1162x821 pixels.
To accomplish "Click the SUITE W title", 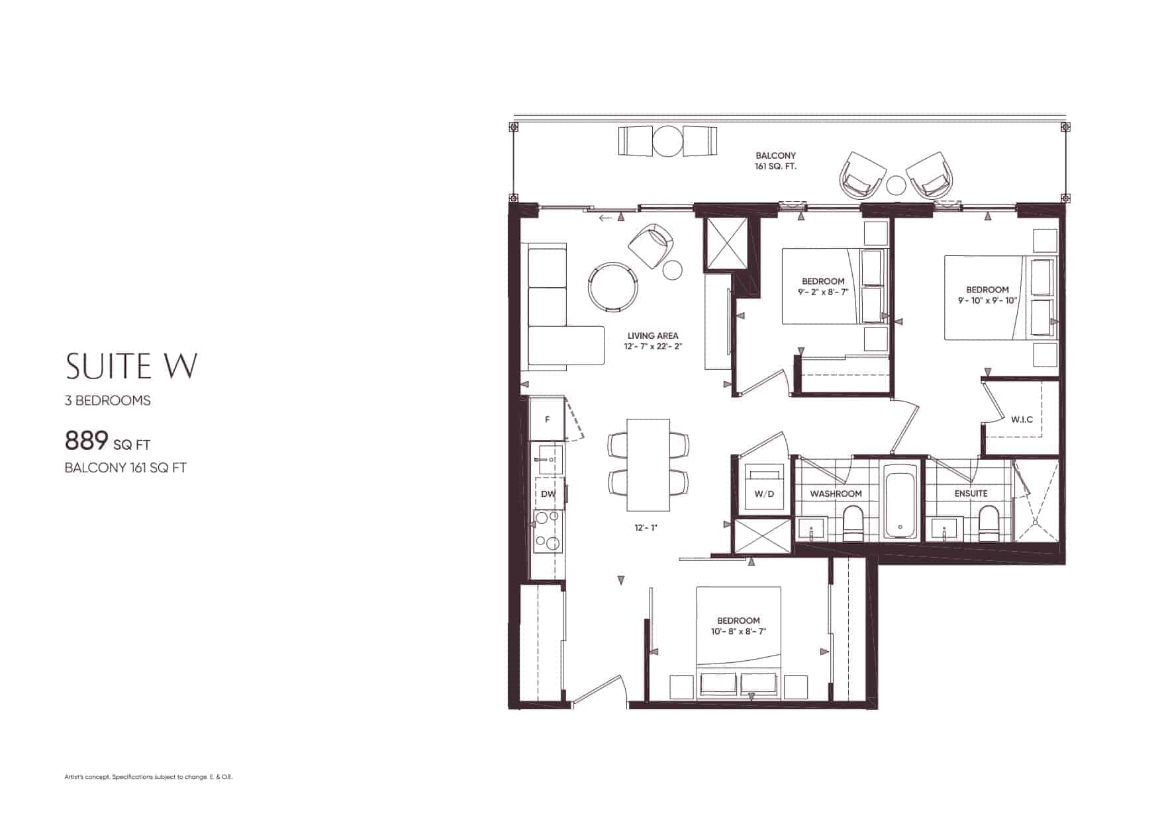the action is click(131, 365).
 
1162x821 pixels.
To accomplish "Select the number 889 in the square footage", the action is click(86, 440).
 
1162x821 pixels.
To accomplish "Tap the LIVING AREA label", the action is click(653, 335).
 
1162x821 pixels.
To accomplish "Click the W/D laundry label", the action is click(763, 494).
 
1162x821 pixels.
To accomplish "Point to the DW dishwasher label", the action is click(548, 494).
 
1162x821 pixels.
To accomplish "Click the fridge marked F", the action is click(547, 419).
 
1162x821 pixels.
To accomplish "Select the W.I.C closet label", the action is click(1022, 419).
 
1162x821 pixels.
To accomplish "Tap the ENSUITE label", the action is click(971, 494).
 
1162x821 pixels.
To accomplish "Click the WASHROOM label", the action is click(836, 494).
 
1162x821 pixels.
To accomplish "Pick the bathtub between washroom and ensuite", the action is click(900, 501).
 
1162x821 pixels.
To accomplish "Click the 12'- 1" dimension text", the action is click(646, 528).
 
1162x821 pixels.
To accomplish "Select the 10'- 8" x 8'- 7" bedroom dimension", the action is click(738, 632).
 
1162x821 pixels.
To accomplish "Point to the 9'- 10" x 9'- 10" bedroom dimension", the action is click(987, 300).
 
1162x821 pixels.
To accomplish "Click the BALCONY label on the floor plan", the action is click(775, 156).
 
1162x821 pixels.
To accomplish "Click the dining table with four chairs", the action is click(648, 464).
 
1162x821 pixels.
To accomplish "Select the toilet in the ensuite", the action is click(987, 523).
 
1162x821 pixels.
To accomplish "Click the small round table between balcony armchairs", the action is click(895, 185).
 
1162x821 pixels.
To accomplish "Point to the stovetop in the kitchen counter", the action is click(548, 531).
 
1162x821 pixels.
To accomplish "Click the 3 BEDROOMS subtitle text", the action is click(108, 401).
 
